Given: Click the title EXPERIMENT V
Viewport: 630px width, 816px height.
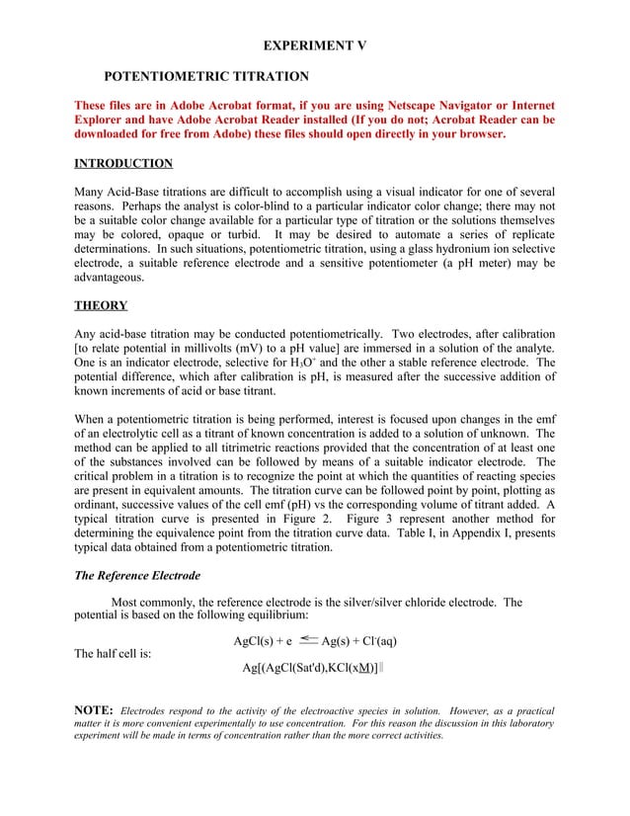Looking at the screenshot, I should coord(315,45).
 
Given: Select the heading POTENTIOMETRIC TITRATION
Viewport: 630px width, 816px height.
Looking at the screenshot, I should coord(206,76).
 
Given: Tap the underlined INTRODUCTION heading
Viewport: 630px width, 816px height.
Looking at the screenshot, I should coord(123,164).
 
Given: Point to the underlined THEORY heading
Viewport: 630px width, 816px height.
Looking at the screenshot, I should coord(102,306).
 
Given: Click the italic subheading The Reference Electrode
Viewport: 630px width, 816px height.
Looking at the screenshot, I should coord(137,576).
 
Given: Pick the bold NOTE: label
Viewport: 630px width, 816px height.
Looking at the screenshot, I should coord(94,710).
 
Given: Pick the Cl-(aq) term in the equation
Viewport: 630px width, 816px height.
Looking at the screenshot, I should coord(376,641).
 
